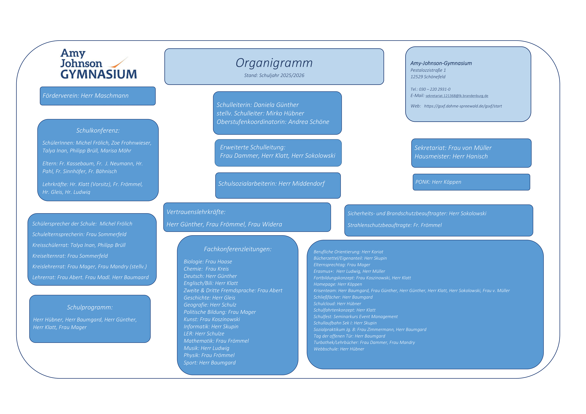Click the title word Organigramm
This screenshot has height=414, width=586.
274,63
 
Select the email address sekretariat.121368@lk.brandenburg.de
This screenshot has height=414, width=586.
457,96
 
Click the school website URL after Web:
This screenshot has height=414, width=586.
463,106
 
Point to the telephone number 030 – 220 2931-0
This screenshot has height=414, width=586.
434,89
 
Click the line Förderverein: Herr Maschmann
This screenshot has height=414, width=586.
86,96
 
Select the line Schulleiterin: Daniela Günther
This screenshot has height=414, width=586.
258,105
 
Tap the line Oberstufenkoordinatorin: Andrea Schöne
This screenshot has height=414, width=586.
273,122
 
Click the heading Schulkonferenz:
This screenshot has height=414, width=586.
98,131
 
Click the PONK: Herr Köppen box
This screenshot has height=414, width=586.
471,182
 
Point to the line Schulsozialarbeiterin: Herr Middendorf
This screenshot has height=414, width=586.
271,184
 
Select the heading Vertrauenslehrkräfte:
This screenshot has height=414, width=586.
196,212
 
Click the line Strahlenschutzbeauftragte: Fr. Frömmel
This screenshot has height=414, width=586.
394,225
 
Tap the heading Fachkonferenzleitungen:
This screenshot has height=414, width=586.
238,249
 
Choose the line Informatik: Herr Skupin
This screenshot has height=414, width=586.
211,327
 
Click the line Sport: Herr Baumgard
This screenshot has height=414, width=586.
210,362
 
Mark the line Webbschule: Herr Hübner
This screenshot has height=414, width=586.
339,349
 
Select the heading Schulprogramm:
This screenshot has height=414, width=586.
90,307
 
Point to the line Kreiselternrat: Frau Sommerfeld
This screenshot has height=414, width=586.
70,256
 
